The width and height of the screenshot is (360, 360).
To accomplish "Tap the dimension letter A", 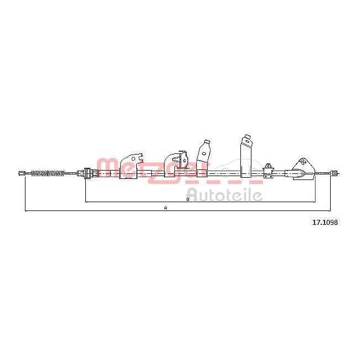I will [x=165, y=208].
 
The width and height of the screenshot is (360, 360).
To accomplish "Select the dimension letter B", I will [x=188, y=199].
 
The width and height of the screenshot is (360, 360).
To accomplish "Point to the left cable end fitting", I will [x=22, y=174].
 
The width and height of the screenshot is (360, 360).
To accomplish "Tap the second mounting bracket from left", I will [x=176, y=166].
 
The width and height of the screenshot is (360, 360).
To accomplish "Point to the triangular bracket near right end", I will [x=302, y=167].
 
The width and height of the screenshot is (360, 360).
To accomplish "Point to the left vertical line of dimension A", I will [x=25, y=193].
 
